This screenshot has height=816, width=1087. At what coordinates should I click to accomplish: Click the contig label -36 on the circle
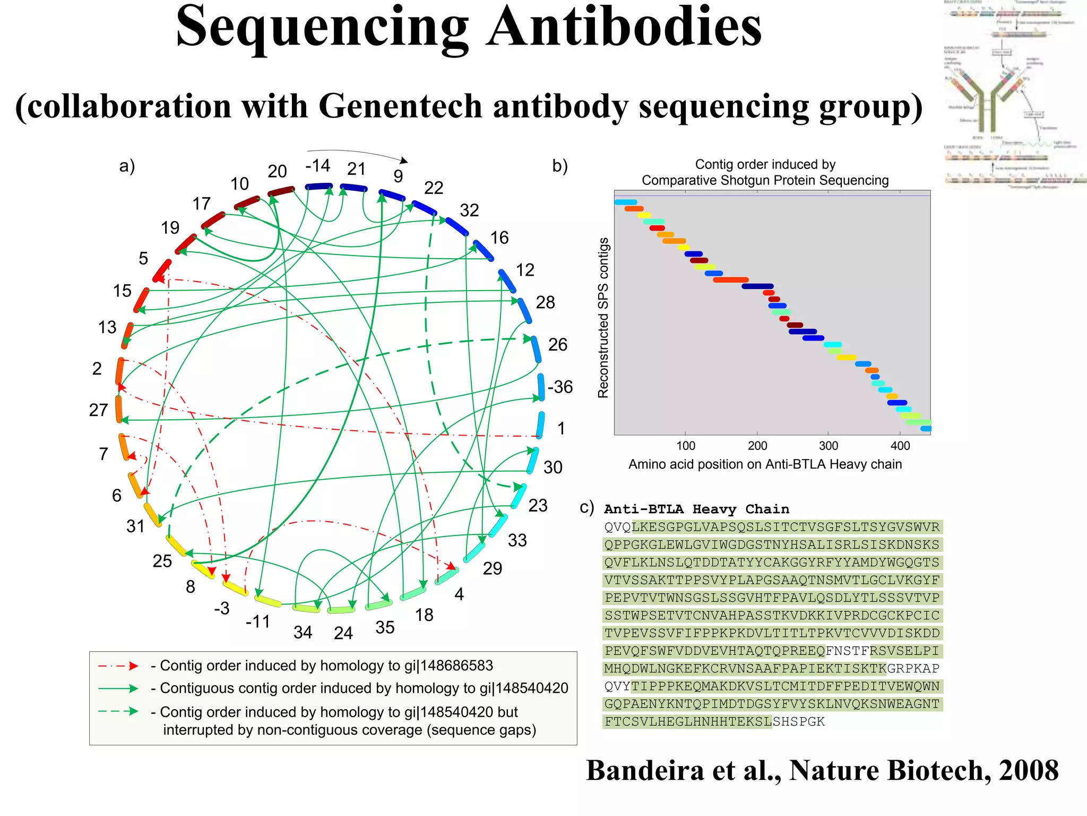click(560, 387)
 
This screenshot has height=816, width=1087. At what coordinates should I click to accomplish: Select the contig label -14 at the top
click(317, 166)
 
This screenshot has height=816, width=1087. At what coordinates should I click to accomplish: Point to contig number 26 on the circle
click(558, 345)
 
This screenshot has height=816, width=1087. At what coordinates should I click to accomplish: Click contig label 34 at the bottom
click(303, 632)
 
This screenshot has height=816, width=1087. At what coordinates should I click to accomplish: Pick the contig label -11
click(258, 622)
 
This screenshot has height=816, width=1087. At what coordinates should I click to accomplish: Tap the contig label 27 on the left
click(98, 410)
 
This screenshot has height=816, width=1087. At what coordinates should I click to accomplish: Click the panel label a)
click(127, 166)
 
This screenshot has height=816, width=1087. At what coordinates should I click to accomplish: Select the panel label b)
click(560, 166)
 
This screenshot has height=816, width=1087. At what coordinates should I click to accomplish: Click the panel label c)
click(586, 507)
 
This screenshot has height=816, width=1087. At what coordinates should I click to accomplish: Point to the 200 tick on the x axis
click(757, 446)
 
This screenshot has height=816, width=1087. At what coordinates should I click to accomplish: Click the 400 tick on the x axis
click(900, 446)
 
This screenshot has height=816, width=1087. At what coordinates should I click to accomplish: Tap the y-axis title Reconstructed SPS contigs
click(603, 317)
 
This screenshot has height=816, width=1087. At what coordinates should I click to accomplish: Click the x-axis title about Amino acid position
click(765, 464)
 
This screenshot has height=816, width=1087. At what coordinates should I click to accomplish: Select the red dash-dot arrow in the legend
click(118, 666)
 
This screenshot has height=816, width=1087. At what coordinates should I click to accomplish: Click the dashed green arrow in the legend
click(118, 711)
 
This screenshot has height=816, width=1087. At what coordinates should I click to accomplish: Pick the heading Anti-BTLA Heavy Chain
click(696, 509)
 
